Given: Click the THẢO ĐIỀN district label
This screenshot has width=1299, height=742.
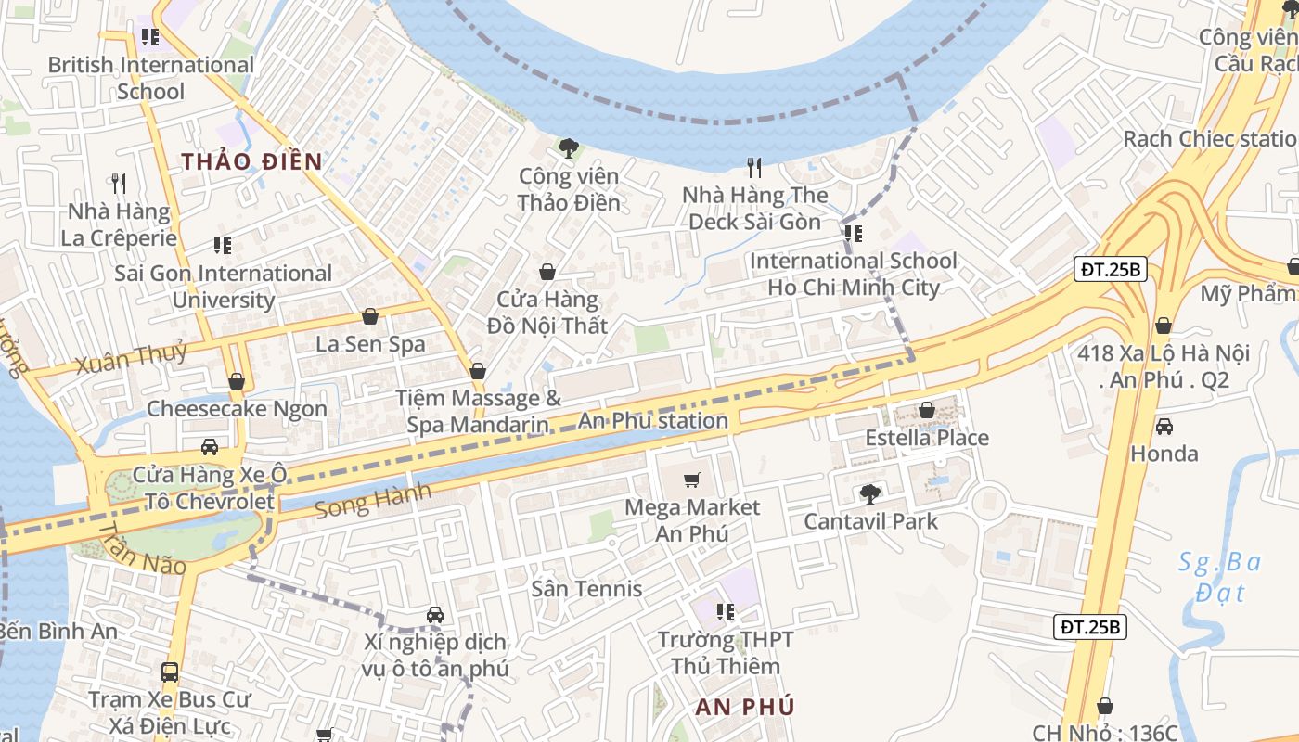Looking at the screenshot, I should point(251,161).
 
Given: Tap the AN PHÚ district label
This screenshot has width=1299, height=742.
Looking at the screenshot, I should point(745,707).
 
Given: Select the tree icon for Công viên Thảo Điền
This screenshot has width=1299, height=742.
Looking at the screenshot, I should point(569,147).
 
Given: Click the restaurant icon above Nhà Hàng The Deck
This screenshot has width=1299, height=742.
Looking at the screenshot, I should point(754,168).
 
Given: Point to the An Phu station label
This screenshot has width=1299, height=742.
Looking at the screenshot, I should point(653,421).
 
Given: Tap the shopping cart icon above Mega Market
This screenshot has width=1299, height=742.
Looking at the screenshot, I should point(691,480).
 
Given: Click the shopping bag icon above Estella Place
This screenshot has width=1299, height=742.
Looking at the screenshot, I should point(926,410).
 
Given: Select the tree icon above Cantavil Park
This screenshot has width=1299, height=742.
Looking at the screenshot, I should point(869,493).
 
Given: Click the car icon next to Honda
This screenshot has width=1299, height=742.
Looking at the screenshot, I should point(1164,426).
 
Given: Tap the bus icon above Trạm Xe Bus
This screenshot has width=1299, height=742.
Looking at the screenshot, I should point(170,672).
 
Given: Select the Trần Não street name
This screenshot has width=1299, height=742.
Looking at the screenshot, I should point(141,549).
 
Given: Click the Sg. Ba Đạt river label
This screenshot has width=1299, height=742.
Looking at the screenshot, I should point(1219,576).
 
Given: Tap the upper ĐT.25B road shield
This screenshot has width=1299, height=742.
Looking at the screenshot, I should point(1112,270).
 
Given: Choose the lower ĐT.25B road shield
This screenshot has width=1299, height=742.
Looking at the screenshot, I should point(1091,627).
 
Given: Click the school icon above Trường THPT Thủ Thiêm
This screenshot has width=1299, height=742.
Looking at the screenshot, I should point(726,612).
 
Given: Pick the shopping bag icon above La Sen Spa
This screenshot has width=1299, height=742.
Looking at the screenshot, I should point(370,317).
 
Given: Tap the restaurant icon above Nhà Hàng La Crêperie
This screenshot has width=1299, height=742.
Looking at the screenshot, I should point(118,184).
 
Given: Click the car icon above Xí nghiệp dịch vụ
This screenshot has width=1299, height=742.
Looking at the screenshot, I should point(434,615).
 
